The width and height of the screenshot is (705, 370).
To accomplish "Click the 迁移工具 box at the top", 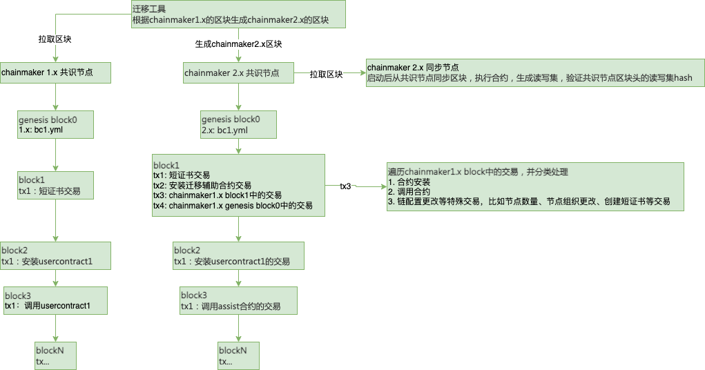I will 238,14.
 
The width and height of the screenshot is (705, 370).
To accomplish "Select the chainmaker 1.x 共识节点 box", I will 55,72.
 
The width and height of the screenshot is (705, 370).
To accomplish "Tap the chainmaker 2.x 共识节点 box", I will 238,73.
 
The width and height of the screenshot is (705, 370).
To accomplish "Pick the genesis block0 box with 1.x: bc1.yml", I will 55,125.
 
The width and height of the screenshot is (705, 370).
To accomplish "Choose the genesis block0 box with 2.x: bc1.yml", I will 238,124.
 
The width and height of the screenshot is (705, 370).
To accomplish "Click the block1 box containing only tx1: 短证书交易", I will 55,186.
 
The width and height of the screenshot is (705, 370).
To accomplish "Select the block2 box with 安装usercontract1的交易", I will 238,255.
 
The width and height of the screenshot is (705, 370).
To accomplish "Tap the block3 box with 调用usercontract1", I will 55,300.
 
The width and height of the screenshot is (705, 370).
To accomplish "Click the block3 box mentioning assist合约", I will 238,300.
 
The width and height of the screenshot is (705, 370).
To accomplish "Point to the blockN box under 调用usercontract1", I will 55,356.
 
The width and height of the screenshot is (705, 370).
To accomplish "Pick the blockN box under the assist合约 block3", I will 238,356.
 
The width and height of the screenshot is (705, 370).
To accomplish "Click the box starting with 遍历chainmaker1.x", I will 534,187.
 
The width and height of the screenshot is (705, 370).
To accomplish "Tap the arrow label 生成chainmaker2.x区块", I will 238,43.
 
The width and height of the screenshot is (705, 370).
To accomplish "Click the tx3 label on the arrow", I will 345,186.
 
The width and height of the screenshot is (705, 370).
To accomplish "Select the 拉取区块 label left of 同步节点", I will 326,74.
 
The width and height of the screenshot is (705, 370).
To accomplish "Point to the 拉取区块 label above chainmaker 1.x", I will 55,39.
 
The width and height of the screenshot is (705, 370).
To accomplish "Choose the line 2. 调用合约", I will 409,192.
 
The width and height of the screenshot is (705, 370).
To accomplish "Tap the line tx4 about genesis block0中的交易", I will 233,206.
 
